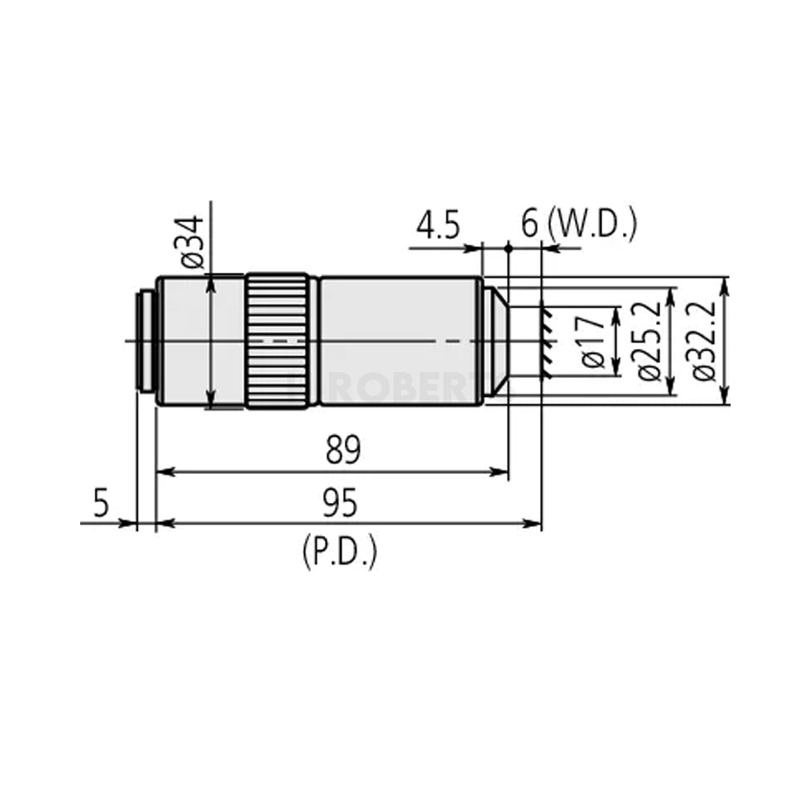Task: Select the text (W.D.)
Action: click(x=593, y=225)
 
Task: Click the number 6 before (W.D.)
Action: click(x=529, y=226)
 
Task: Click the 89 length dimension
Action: click(x=343, y=450)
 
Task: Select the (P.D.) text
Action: click(x=339, y=553)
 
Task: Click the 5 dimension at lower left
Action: click(x=101, y=504)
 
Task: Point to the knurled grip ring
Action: click(x=277, y=342)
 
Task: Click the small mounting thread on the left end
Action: click(x=145, y=342)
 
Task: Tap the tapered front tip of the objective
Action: click(x=499, y=342)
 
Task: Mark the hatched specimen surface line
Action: click(x=545, y=342)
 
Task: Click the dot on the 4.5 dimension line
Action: click(x=508, y=249)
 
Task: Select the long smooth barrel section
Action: click(x=401, y=342)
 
